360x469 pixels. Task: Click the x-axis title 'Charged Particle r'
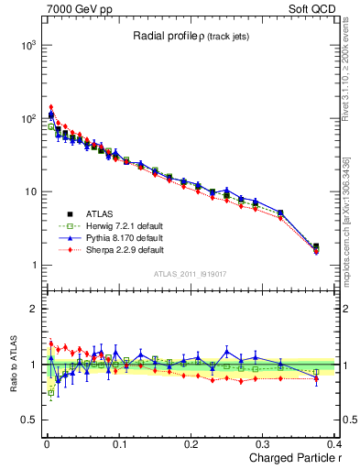point(290,458)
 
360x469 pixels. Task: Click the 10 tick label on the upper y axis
point(29,192)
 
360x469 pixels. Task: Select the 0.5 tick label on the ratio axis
point(27,420)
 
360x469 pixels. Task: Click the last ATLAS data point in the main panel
point(316,246)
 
